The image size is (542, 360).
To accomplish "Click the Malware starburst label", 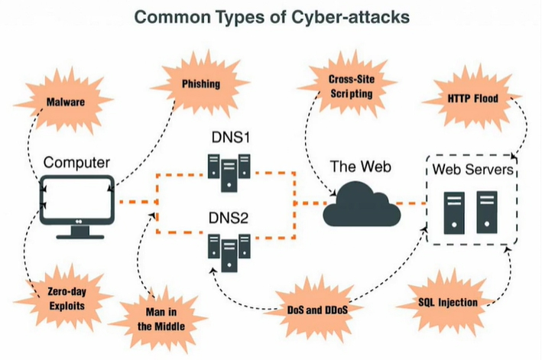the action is point(65,102).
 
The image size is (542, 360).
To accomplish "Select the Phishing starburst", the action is point(201,83).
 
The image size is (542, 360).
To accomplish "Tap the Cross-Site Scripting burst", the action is point(351,86).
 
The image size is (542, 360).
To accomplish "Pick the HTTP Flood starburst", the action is point(473,99).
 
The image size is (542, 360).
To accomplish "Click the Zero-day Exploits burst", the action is point(67,299).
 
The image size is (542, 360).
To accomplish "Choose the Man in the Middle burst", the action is point(161,319).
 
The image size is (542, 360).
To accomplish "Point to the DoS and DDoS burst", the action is point(317,310).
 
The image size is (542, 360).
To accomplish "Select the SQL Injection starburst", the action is point(448,303).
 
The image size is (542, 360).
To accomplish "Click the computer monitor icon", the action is point(77,206).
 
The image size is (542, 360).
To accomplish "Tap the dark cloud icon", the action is point(362,205).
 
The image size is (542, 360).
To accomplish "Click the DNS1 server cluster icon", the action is point(229,173).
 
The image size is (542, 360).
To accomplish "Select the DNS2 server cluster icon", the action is point(229,252).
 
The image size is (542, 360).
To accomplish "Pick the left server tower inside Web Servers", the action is point(454,212).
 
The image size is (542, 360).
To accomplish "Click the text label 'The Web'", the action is point(361,167).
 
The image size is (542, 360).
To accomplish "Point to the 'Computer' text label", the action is point(76,163).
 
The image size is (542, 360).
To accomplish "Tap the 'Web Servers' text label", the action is point(473,169).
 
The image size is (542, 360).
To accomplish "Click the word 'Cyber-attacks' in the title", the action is point(350,17).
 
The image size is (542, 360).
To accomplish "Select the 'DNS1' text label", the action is point(231,138).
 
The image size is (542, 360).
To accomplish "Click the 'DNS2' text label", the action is point(229,218).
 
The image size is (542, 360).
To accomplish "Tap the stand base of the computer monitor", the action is point(80,237).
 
